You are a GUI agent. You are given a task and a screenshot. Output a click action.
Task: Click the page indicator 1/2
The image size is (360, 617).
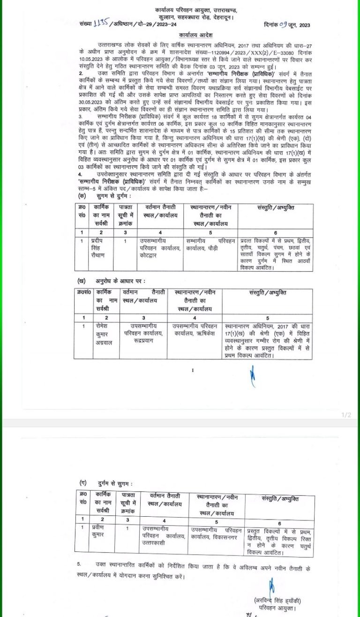click(x=346, y=415)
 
